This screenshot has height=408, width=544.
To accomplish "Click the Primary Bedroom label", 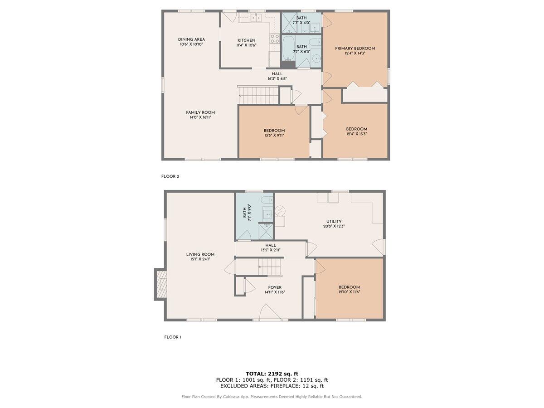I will [355, 49].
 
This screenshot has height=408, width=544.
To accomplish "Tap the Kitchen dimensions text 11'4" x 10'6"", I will [246, 45].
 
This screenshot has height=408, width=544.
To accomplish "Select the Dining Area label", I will [191, 39].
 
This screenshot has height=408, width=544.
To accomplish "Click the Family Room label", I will [200, 112].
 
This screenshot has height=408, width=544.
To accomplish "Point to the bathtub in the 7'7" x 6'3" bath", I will [288, 49].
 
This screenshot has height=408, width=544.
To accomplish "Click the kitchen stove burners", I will [275, 39].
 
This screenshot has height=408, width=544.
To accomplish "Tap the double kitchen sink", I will [255, 18].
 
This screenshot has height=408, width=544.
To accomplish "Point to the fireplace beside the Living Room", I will [160, 284].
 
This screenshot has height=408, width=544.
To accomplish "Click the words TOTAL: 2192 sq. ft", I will [272, 374].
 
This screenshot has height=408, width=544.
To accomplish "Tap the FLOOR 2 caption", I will [170, 176].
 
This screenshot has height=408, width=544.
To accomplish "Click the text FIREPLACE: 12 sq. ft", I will [298, 386].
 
